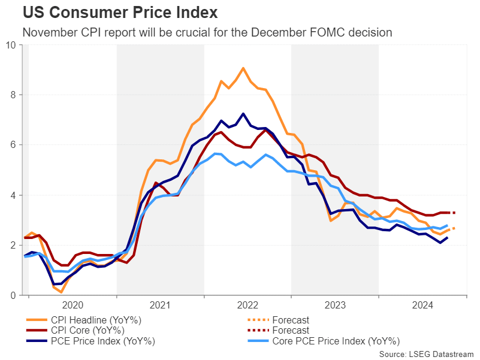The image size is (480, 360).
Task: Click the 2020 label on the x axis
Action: click(73, 304)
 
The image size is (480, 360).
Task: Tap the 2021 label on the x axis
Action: click(160, 304)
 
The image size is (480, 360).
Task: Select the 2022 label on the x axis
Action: click(247, 304)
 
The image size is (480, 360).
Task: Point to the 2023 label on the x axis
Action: click(335, 304)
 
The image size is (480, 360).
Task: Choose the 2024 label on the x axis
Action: click(422, 304)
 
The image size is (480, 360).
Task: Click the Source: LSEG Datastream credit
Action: click(426, 354)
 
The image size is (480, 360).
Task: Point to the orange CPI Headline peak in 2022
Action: click(243, 68)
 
